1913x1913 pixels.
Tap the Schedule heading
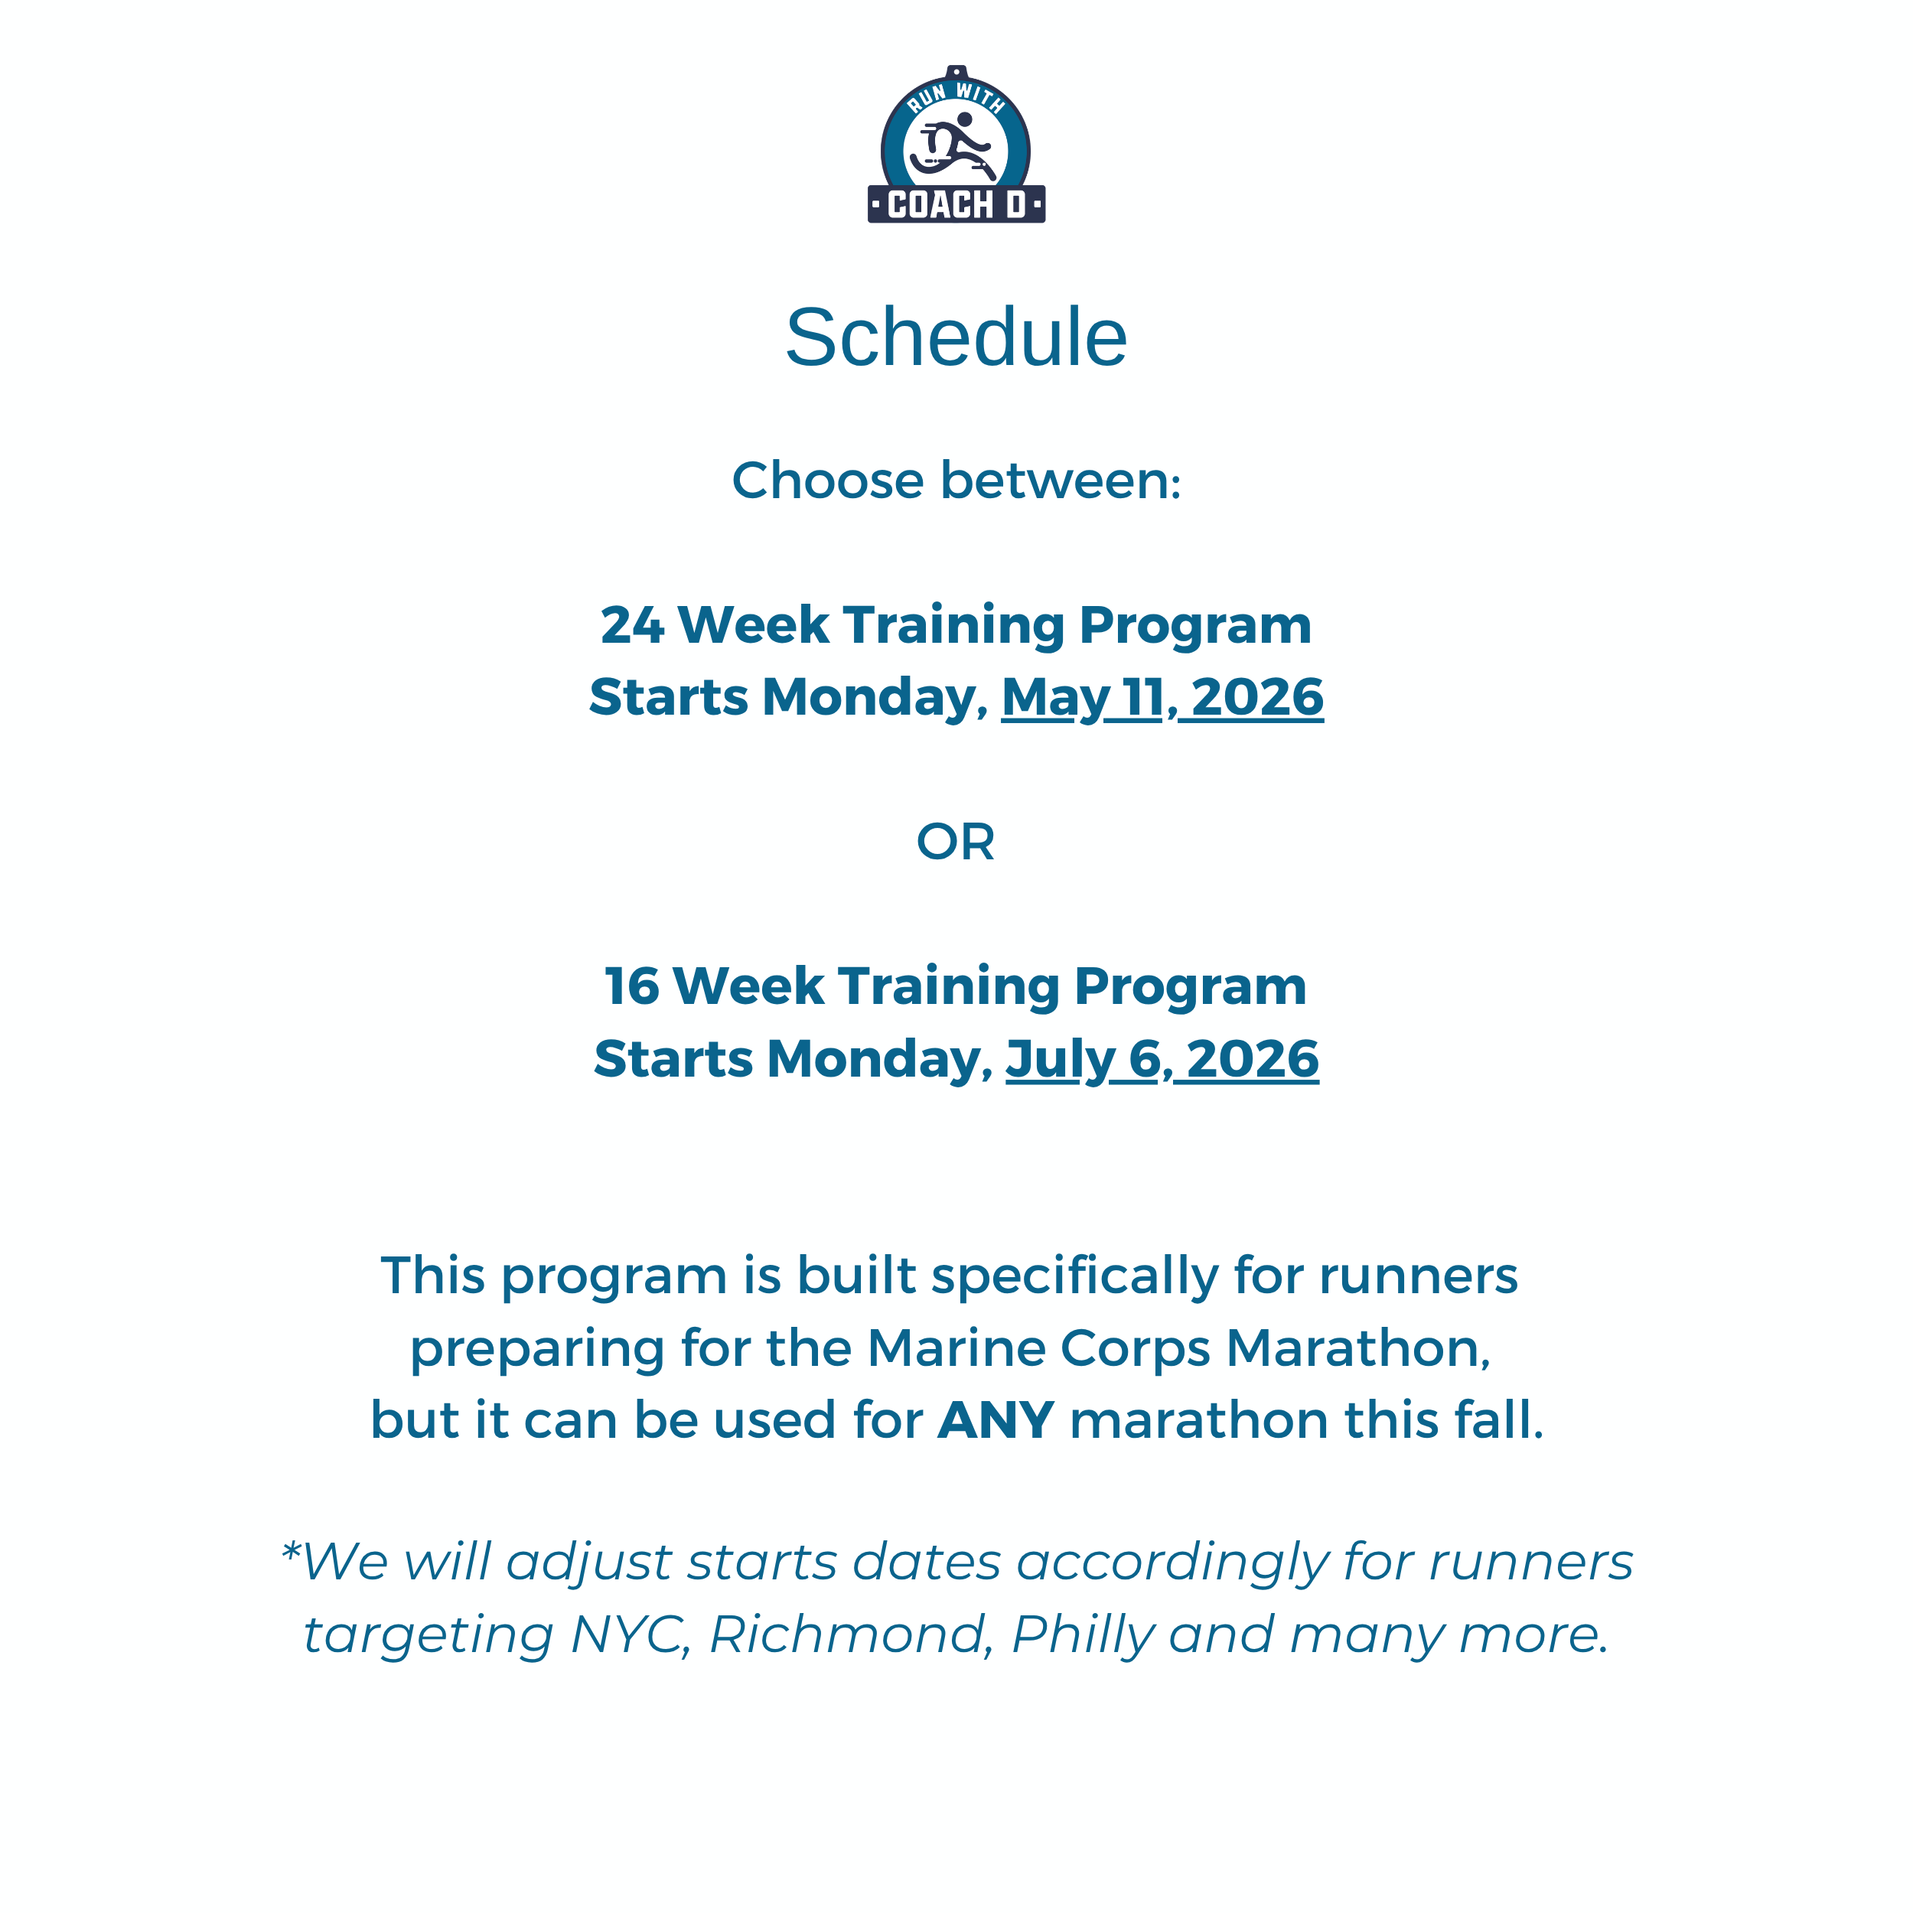[x=956, y=337]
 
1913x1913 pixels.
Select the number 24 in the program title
[x=632, y=626]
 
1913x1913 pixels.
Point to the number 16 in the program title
[x=632, y=987]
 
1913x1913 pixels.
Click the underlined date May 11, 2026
[x=1162, y=698]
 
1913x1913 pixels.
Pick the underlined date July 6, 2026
[x=1162, y=1060]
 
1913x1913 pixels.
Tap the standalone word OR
[x=956, y=842]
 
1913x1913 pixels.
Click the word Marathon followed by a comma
[x=1357, y=1348]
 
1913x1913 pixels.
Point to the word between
[x=1060, y=481]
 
